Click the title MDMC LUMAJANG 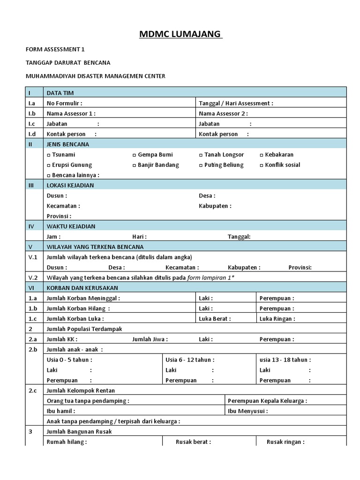181,35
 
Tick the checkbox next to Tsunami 49,155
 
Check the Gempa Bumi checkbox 135,155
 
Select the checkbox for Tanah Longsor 201,155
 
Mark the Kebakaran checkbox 262,155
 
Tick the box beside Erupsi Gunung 49,165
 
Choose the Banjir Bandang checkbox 135,165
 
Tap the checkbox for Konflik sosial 262,165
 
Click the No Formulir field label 64,103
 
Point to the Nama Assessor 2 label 223,113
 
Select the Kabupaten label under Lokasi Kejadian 215,206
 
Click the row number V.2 33,277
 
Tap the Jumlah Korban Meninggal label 83,298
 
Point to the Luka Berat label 215,319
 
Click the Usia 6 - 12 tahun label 190,360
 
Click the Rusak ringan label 285,442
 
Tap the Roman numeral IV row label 31,226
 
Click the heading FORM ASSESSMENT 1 55,49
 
